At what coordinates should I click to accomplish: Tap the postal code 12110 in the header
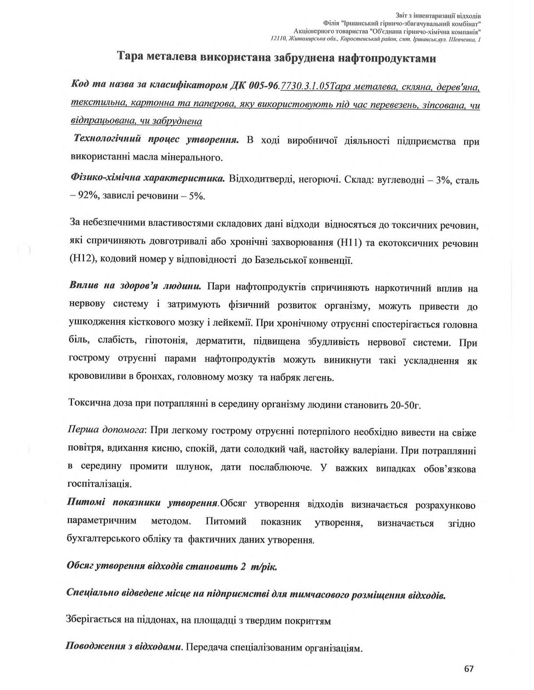click(x=279, y=39)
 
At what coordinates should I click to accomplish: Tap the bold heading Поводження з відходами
click(x=124, y=647)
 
